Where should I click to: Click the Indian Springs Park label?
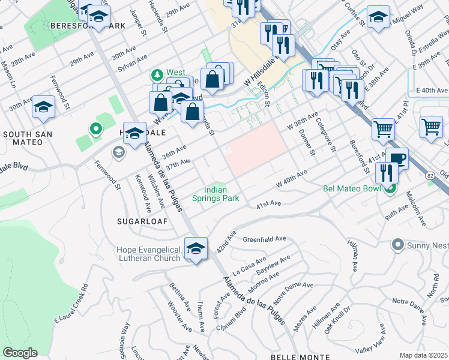point(215,193)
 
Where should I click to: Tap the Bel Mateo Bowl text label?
point(352,188)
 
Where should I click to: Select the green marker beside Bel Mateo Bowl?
point(391,190)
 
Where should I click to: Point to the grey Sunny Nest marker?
point(397,245)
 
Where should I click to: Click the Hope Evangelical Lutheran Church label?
point(148,253)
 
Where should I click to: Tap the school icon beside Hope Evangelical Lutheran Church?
point(196,248)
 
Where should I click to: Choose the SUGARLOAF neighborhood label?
point(141,221)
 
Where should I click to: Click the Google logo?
point(20,353)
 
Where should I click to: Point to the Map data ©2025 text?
point(423,355)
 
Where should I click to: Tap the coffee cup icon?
point(396,159)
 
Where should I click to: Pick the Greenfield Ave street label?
point(264,239)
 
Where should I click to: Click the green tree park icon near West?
point(157,75)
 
